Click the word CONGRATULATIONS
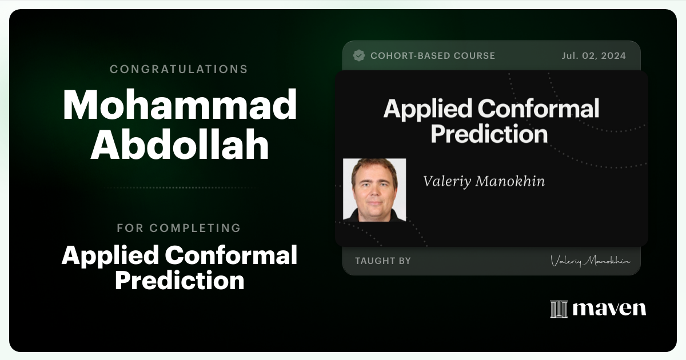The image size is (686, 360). click(x=179, y=69)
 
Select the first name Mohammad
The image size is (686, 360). click(x=180, y=105)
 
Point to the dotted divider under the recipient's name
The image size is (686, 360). click(x=180, y=187)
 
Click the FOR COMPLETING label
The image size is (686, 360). click(x=179, y=228)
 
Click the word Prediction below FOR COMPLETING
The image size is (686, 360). click(x=180, y=281)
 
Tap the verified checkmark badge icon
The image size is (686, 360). click(x=359, y=55)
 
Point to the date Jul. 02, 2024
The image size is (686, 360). click(x=593, y=55)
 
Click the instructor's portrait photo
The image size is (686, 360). click(x=374, y=190)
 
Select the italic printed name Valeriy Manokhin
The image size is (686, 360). click(x=484, y=181)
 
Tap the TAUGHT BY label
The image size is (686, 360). click(x=382, y=261)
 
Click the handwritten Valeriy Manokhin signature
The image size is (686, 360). click(x=591, y=261)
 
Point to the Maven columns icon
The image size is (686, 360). click(x=559, y=309)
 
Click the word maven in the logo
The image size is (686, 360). click(x=609, y=309)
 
